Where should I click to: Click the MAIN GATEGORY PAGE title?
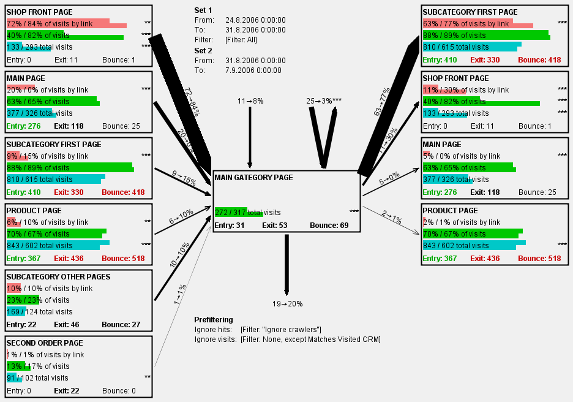253,178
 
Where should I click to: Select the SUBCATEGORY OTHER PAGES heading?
58,277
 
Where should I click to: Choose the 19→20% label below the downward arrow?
287,304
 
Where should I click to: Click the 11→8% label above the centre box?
250,100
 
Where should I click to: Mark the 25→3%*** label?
324,100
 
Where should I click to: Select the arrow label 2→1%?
392,215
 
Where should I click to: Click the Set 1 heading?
203,10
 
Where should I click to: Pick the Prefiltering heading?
214,320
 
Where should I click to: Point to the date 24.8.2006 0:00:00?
255,20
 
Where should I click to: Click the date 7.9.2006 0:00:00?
253,70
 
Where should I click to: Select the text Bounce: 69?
329,226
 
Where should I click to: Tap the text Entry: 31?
228,226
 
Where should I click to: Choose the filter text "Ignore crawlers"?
280,330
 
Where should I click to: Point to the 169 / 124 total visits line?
39,312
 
